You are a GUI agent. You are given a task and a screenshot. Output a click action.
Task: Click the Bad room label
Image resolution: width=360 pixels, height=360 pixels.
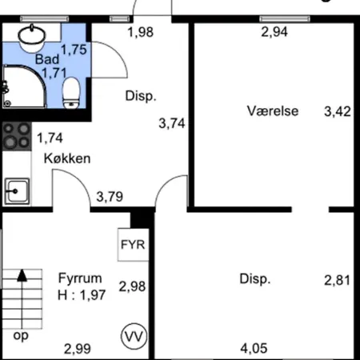pos(47,59)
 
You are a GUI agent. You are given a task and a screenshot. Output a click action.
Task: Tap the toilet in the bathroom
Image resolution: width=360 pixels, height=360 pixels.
pos(71,93)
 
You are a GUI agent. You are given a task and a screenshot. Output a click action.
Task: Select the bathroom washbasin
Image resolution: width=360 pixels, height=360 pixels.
pos(32,38)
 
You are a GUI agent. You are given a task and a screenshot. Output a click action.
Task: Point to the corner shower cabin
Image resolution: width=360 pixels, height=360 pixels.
pos(24,86)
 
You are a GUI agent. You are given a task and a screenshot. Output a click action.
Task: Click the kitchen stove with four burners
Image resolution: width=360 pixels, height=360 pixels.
pos(17,136)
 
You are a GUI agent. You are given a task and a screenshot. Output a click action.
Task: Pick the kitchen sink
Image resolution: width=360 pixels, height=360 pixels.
pos(17,191)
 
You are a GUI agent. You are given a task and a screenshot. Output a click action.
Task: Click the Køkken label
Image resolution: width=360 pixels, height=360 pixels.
pos(67,158)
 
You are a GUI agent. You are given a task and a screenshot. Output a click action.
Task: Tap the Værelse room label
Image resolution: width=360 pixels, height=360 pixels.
pos(273,111)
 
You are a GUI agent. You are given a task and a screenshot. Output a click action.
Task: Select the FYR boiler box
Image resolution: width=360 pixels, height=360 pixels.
pos(133,245)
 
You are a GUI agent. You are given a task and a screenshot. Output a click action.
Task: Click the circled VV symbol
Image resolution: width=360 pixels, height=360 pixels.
pos(134,337)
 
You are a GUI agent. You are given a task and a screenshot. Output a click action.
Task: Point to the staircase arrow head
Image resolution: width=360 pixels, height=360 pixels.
pos(22,275)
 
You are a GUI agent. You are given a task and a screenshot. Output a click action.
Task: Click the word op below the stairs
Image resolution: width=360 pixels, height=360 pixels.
pos(21,336)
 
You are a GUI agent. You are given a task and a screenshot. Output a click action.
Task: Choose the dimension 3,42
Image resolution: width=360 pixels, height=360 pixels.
pos(338,111)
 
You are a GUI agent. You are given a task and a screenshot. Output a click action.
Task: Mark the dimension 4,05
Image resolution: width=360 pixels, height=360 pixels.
pos(254,349)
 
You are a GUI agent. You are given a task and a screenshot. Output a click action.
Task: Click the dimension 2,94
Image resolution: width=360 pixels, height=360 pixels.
pos(274,32)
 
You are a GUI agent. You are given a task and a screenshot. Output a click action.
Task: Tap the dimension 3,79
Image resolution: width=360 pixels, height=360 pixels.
pos(110,197)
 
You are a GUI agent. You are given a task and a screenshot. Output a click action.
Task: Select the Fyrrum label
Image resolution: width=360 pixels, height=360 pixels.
pos(80,278)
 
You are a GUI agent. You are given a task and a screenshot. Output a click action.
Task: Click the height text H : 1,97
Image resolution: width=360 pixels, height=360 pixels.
pos(82,295)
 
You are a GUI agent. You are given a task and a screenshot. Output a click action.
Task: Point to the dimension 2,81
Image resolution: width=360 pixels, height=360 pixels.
pos(337,281)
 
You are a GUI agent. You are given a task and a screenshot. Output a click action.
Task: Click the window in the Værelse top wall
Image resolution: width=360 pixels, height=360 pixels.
pos(285,19)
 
